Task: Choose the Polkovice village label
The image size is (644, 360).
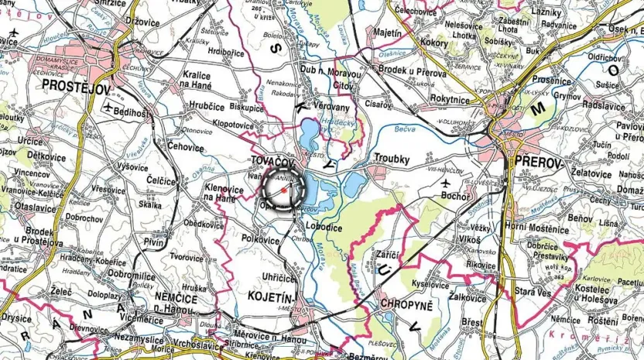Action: tap(260, 240)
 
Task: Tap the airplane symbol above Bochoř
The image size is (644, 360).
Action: tap(446, 181)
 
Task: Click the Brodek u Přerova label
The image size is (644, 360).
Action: tap(414, 69)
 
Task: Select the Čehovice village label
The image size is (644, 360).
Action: tap(186, 147)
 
